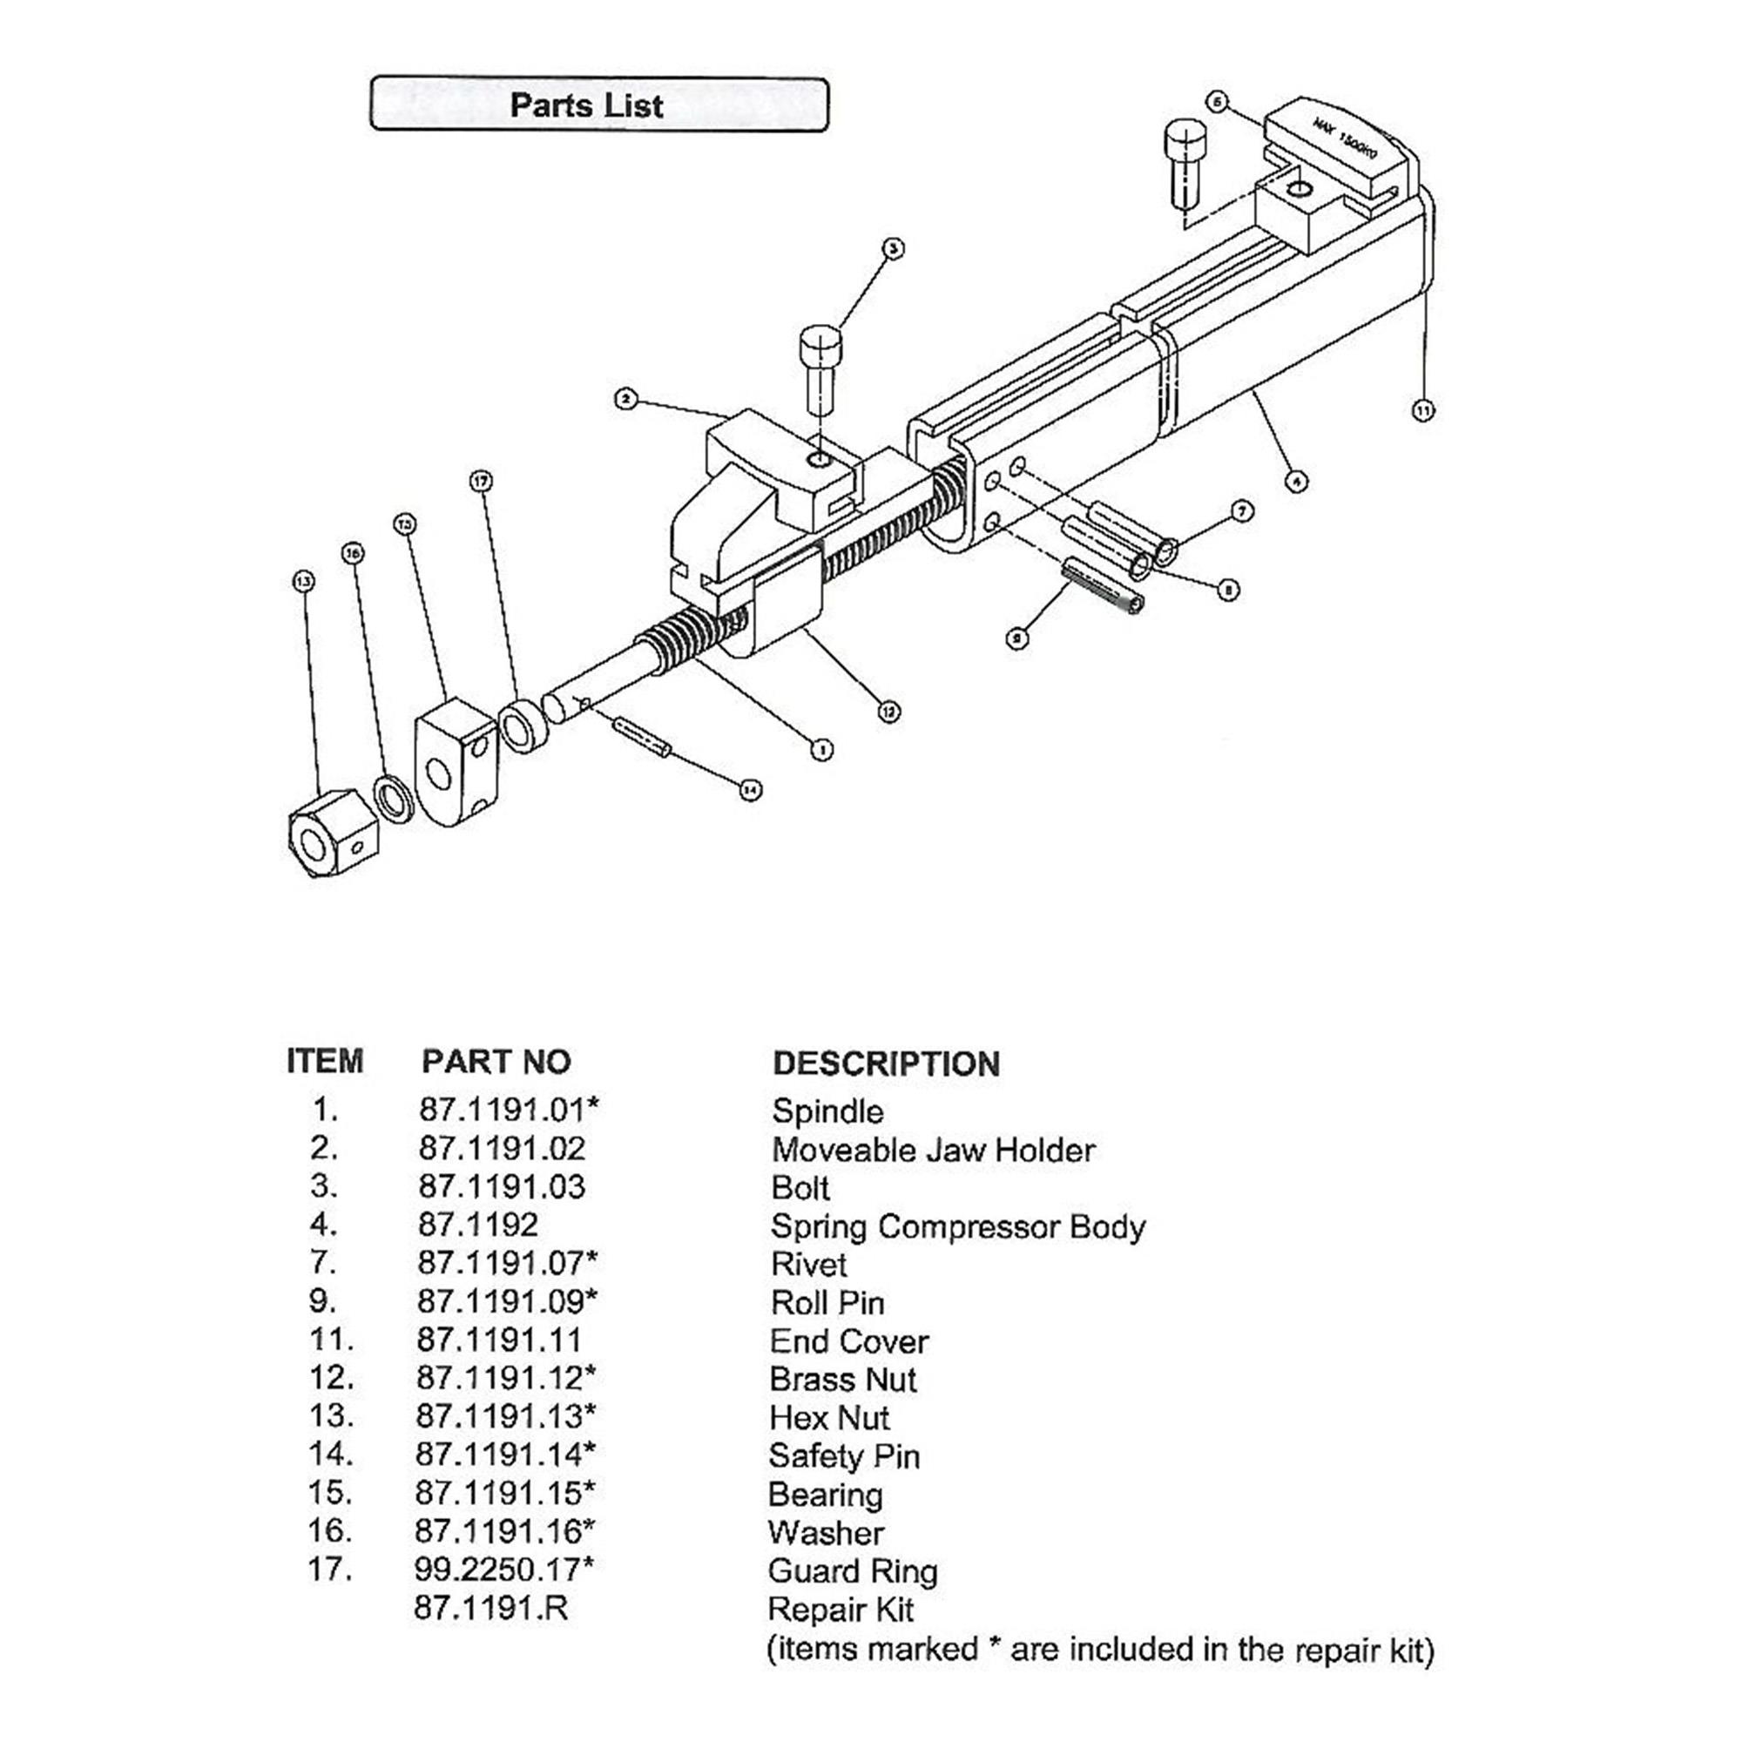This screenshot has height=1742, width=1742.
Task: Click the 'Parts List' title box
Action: [x=598, y=105]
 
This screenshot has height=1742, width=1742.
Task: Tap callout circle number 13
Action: [x=303, y=582]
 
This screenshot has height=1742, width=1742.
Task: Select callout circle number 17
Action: [x=481, y=482]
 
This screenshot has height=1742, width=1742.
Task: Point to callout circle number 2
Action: [x=625, y=399]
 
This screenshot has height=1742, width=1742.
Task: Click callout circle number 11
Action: [x=1422, y=410]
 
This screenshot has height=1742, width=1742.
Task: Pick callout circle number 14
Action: [x=749, y=790]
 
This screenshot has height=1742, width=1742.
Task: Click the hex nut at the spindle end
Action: [x=331, y=834]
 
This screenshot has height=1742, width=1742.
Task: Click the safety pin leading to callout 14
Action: [x=641, y=737]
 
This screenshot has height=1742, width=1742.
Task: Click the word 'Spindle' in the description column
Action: [x=827, y=1111]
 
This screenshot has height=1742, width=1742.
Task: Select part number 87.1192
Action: [x=478, y=1225]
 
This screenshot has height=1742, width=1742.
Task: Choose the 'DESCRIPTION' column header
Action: [x=886, y=1064]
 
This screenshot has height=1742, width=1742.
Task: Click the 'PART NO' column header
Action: [x=496, y=1061]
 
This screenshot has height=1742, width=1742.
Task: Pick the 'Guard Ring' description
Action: [x=852, y=1570]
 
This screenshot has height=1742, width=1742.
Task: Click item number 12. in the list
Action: [x=330, y=1378]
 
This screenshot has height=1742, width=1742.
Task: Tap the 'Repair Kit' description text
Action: [x=841, y=1609]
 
